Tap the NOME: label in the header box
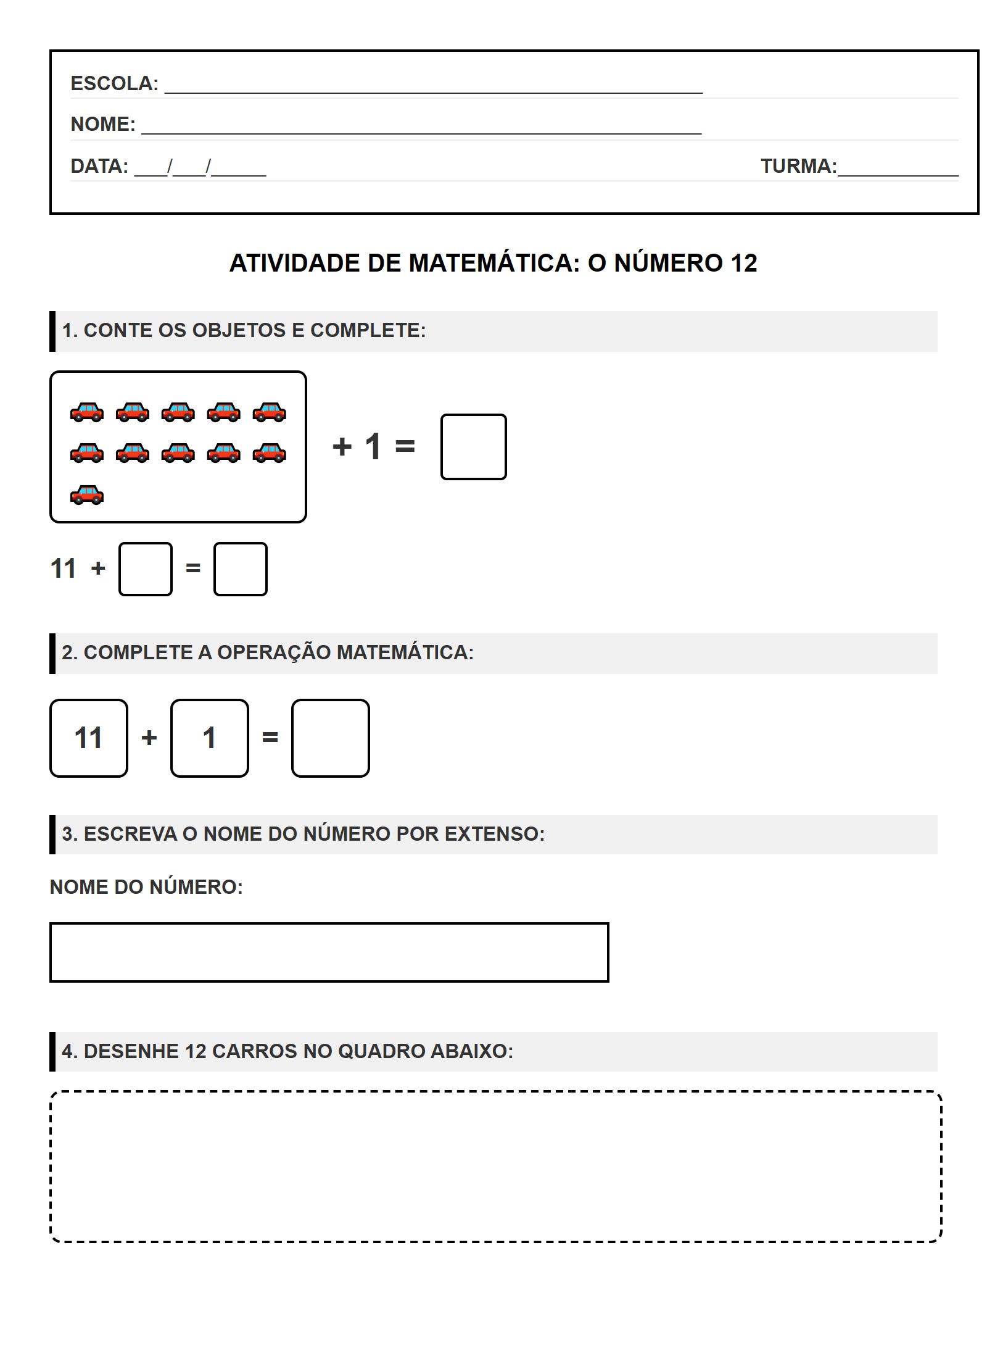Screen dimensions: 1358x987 102,124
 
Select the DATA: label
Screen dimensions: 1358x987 99,166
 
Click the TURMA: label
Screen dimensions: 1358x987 798,166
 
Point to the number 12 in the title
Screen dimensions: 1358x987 743,264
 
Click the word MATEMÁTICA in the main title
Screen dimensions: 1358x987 493,264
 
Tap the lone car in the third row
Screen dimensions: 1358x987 87,494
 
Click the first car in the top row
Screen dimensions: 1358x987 87,412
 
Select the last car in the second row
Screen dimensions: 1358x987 270,453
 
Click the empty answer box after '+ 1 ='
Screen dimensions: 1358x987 473,447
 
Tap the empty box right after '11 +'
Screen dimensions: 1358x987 145,569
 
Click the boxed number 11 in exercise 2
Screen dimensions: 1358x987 89,738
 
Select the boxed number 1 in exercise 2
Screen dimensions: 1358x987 210,738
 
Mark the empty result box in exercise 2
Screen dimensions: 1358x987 331,738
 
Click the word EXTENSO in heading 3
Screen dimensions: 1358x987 494,834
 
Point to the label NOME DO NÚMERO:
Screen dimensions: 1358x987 146,887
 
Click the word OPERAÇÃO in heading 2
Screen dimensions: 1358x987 274,652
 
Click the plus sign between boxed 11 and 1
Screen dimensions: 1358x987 149,738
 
